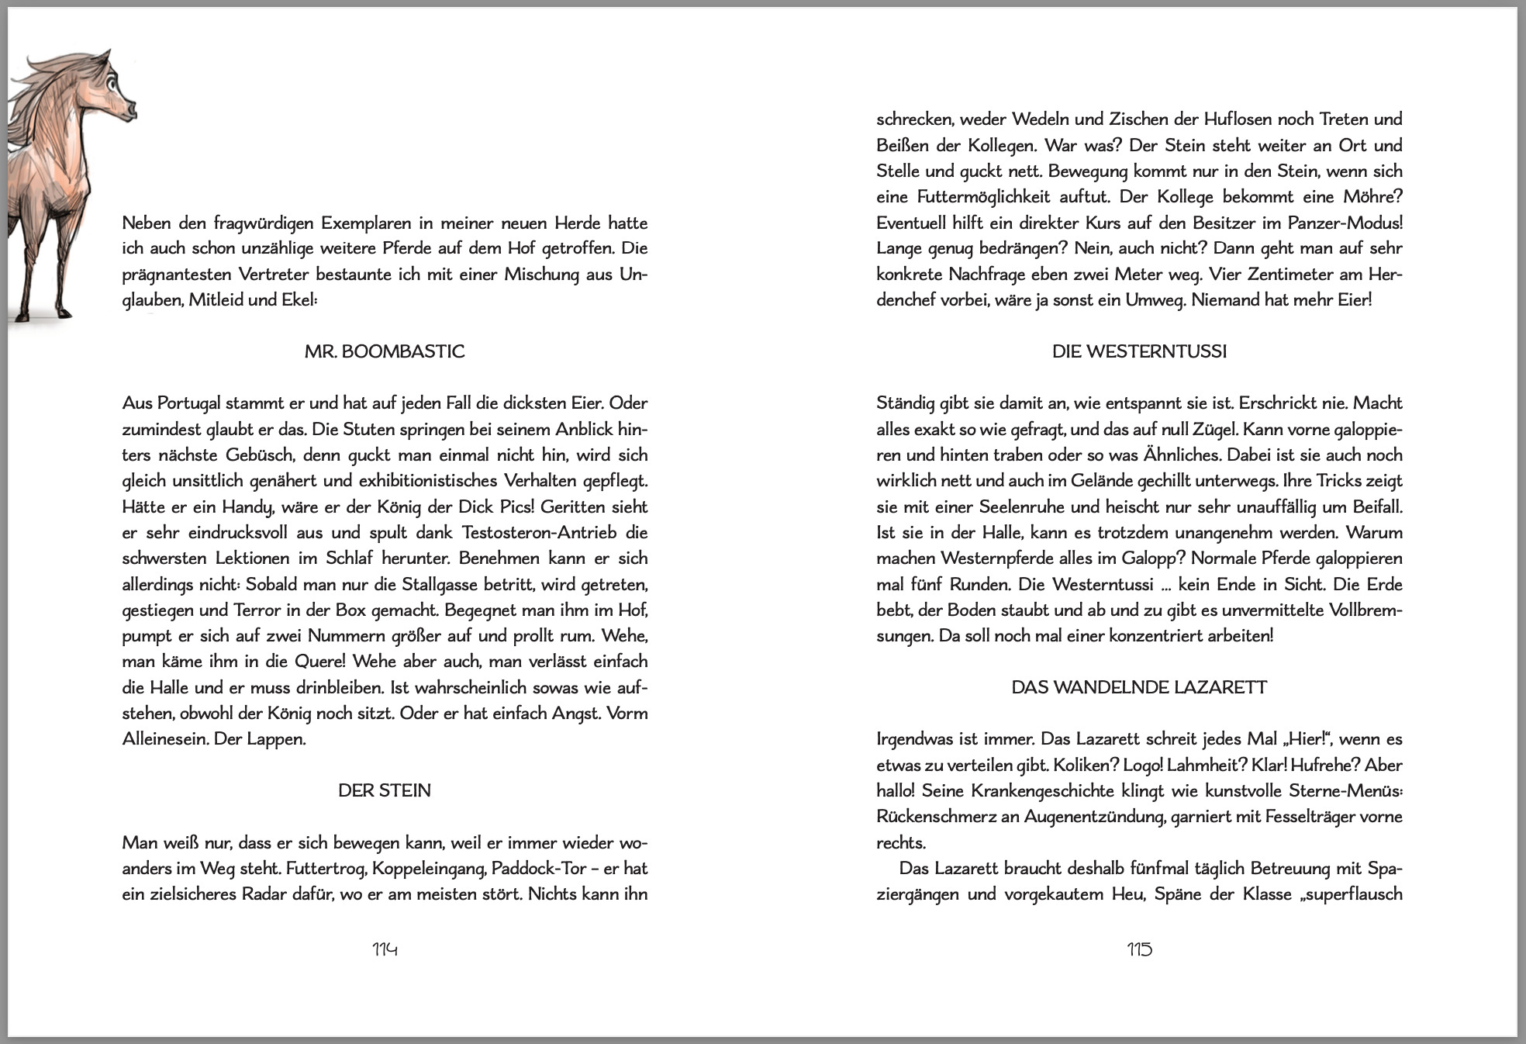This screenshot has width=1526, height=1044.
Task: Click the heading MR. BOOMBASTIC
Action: pyautogui.click(x=385, y=352)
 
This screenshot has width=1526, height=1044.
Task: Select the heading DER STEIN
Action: pyautogui.click(x=385, y=791)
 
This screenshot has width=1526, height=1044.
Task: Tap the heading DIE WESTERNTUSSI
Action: pyautogui.click(x=1139, y=352)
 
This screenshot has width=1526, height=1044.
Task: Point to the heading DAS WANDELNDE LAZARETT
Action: pyautogui.click(x=1139, y=688)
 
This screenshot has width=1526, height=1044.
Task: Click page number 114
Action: pyautogui.click(x=385, y=949)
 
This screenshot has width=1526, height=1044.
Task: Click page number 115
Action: pyautogui.click(x=1139, y=949)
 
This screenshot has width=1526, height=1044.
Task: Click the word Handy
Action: pyautogui.click(x=245, y=507)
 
